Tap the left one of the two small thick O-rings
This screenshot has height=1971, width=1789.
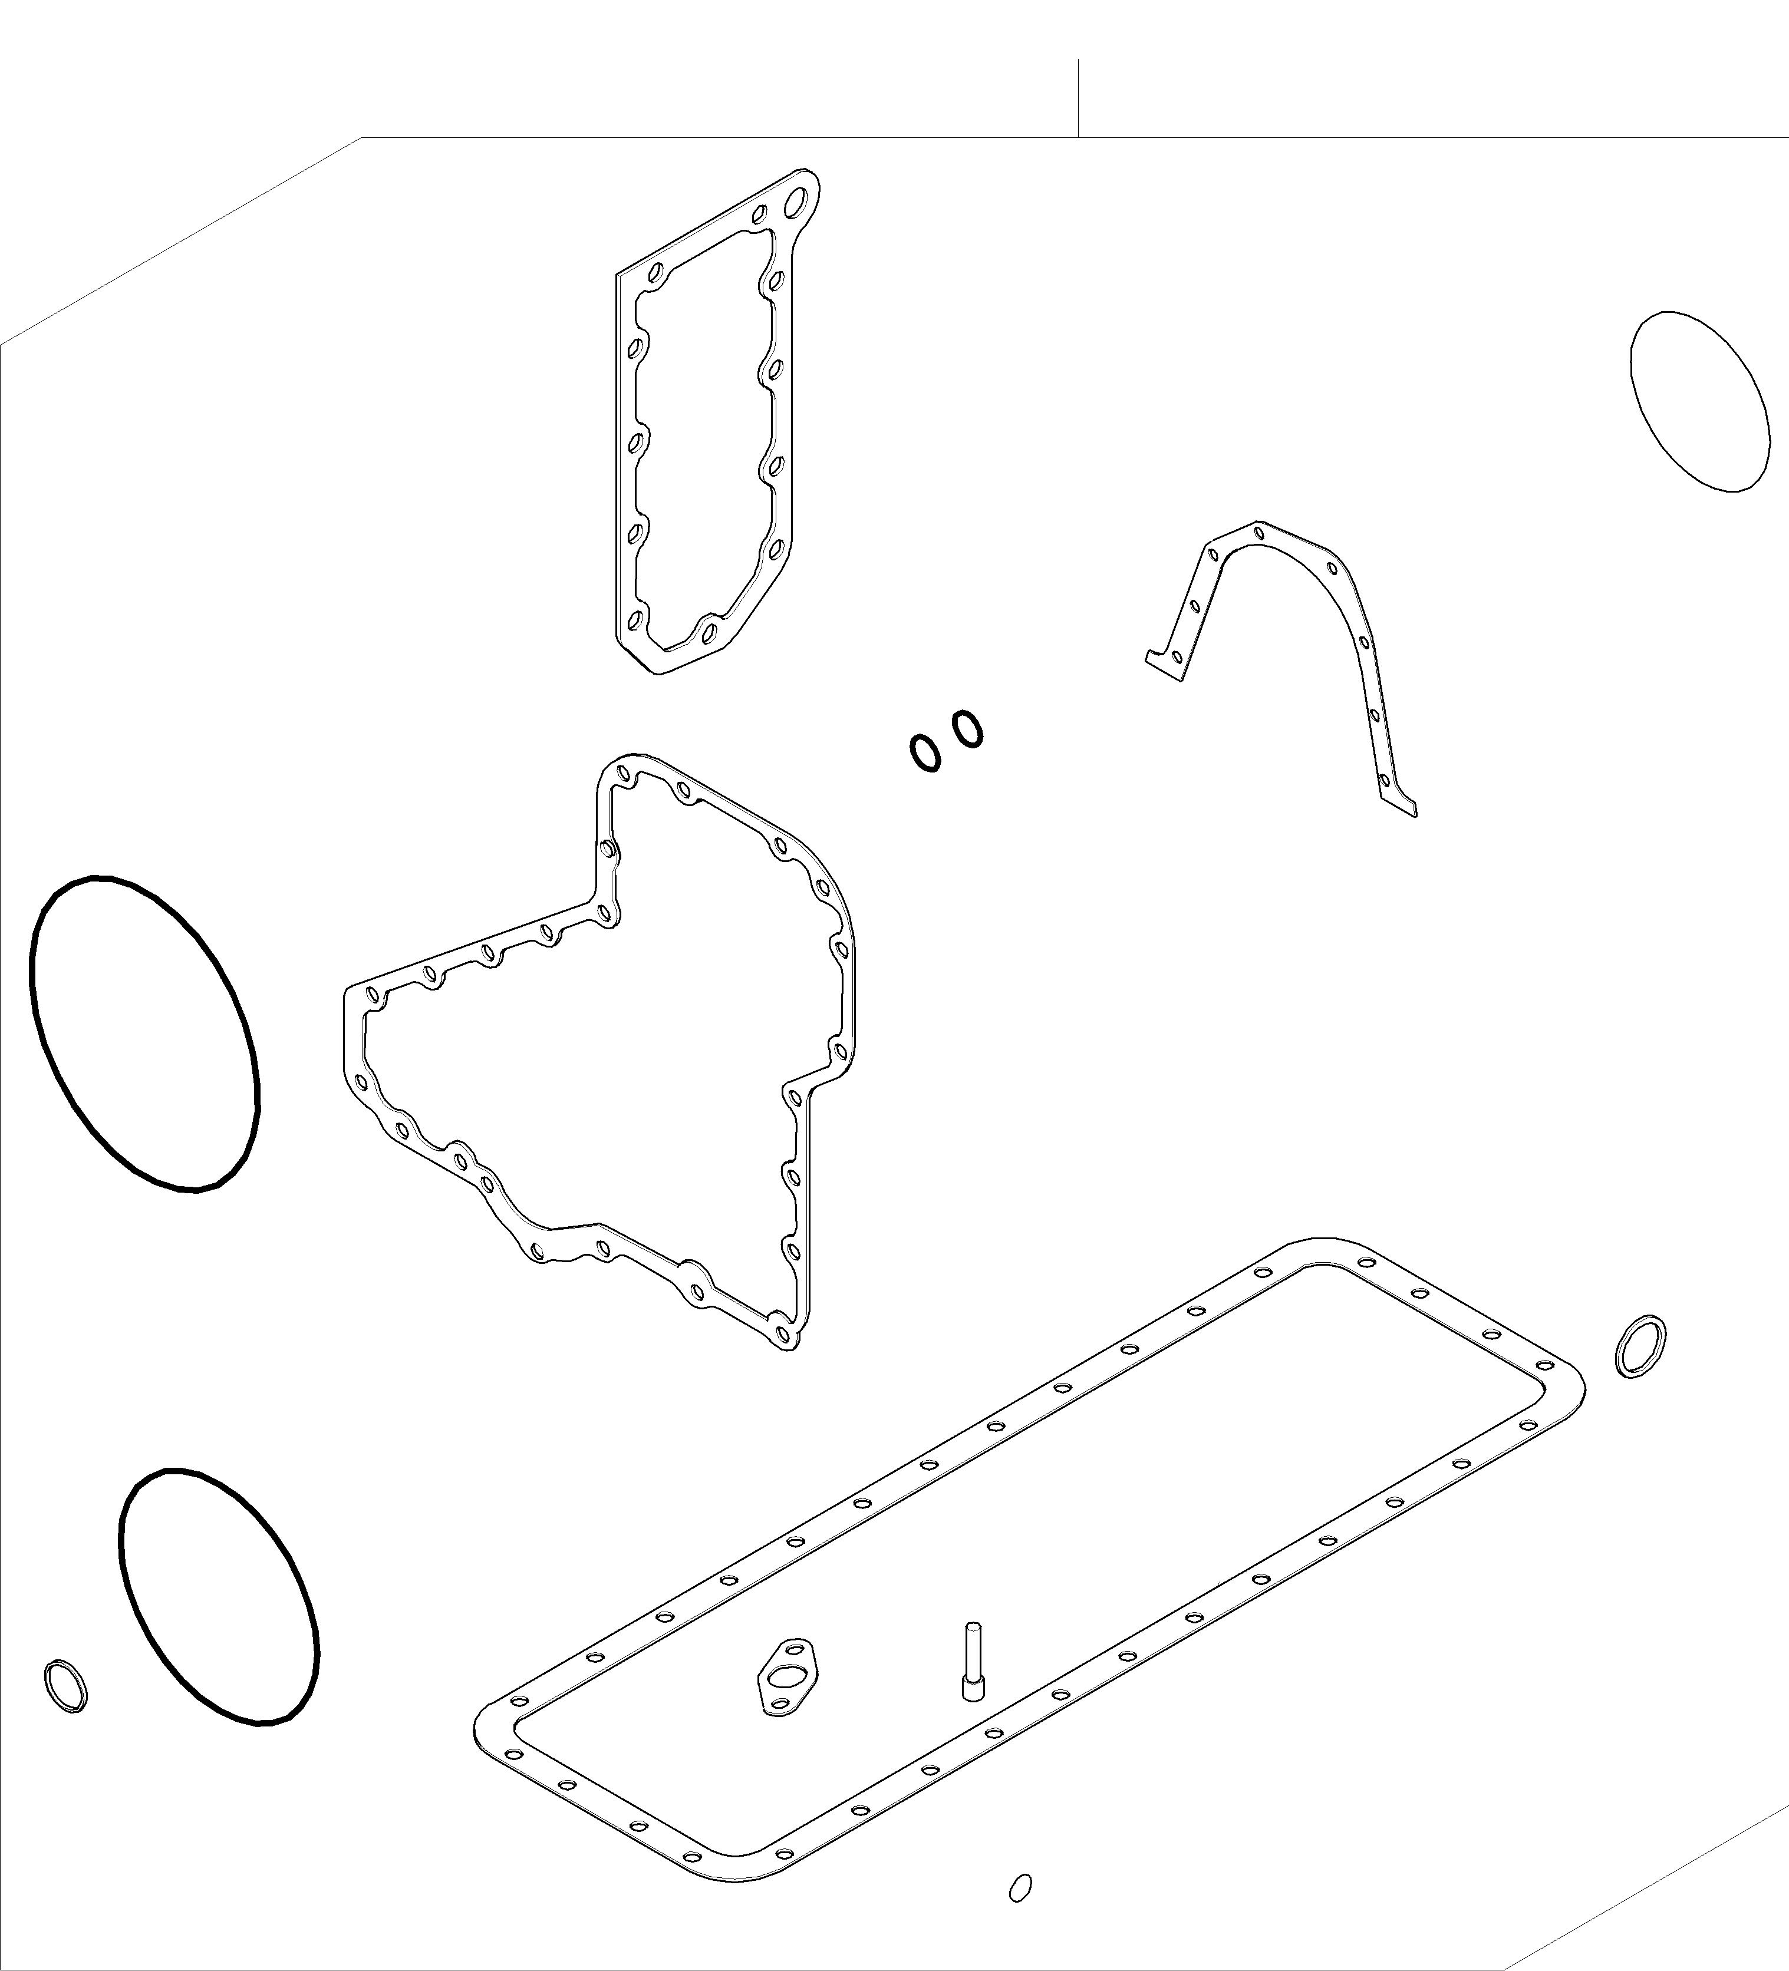point(924,753)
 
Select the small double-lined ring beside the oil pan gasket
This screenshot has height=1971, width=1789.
point(1640,1346)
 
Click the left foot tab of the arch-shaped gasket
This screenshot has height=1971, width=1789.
point(1164,665)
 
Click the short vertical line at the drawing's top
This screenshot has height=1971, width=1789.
point(1078,98)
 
